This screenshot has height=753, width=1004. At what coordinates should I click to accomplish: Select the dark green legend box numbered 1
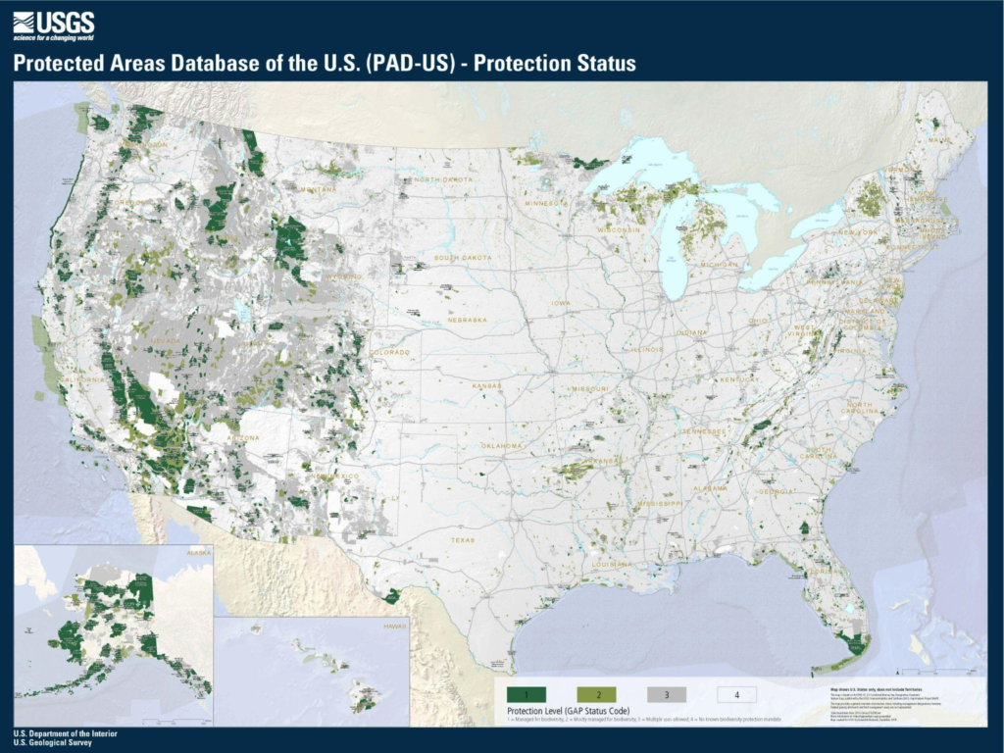(526, 694)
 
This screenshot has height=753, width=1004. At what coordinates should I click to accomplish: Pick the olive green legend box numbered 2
(596, 694)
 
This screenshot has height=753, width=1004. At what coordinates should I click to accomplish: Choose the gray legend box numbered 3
(666, 694)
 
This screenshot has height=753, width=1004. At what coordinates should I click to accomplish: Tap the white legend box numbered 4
(736, 694)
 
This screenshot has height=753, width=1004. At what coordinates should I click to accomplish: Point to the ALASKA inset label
(198, 552)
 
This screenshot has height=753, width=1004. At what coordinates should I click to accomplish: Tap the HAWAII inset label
(394, 624)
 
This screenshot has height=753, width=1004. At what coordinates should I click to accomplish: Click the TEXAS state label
(463, 539)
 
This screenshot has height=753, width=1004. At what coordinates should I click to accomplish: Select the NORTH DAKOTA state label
(443, 179)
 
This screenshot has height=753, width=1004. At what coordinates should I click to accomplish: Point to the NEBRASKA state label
(467, 320)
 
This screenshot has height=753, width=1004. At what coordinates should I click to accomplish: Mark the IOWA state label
(560, 303)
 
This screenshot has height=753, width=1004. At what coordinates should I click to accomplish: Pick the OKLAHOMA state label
(502, 445)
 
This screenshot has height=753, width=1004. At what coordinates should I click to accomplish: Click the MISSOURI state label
(590, 388)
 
